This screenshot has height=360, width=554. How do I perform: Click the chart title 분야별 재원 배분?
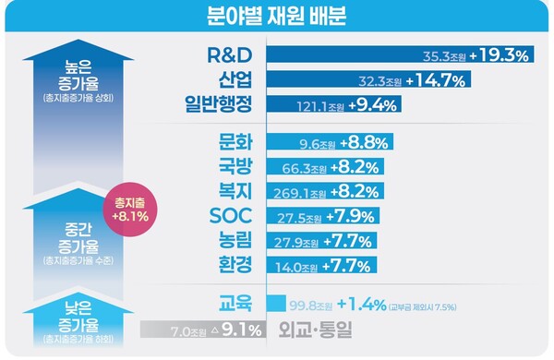point(276,17)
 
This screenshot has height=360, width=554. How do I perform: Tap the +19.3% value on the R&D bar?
point(499,55)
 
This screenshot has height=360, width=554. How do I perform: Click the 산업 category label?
point(236,79)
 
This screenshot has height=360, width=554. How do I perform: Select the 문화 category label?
point(236,143)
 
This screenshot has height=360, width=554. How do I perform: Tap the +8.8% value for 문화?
point(363,143)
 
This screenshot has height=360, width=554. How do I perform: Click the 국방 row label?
point(236,168)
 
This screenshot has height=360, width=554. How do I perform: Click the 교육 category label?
point(236,303)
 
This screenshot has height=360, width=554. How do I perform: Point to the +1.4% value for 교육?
point(362,304)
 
